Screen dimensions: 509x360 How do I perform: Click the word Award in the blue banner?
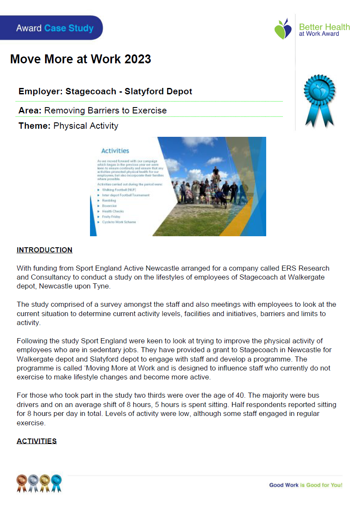tap(29, 28)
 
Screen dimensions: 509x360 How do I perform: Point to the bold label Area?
tap(30, 111)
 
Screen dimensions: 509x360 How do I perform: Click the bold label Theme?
tap(35, 126)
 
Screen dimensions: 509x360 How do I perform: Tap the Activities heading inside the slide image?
tap(115, 150)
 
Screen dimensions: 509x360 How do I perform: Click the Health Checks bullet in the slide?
tap(112, 211)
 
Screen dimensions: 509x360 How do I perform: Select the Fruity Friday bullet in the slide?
tap(111, 217)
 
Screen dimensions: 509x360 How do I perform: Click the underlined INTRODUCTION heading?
tap(45, 250)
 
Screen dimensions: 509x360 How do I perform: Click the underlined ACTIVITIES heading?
tap(37, 441)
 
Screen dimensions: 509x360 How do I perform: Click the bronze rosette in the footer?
tap(22, 482)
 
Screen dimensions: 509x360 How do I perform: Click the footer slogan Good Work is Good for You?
tap(306, 485)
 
